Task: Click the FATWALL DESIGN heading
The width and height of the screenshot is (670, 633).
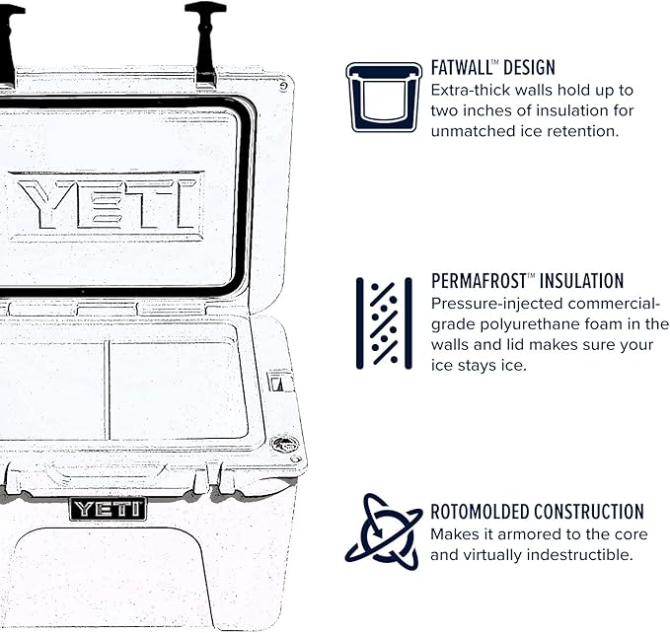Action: point(493,68)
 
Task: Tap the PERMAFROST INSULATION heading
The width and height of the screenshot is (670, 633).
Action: point(528,281)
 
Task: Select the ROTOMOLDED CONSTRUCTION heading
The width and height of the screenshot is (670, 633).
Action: point(537,512)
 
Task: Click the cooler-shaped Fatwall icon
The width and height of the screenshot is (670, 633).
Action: point(384,97)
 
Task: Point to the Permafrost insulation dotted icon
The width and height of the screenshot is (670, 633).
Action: point(384,323)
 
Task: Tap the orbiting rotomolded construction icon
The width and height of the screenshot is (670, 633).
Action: point(383,531)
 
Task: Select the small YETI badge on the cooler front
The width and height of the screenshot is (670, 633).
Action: point(108,509)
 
